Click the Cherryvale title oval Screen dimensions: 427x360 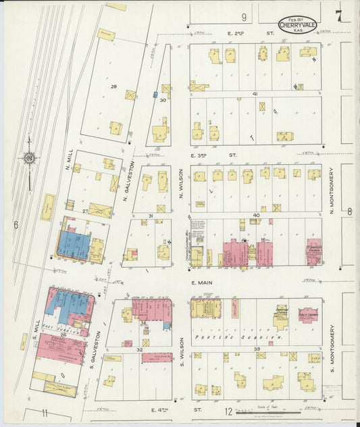299,23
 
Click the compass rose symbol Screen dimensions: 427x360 30,159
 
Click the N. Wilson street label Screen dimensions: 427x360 181,184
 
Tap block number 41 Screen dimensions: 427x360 255,93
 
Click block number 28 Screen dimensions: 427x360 113,86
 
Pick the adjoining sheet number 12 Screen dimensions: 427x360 228,411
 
